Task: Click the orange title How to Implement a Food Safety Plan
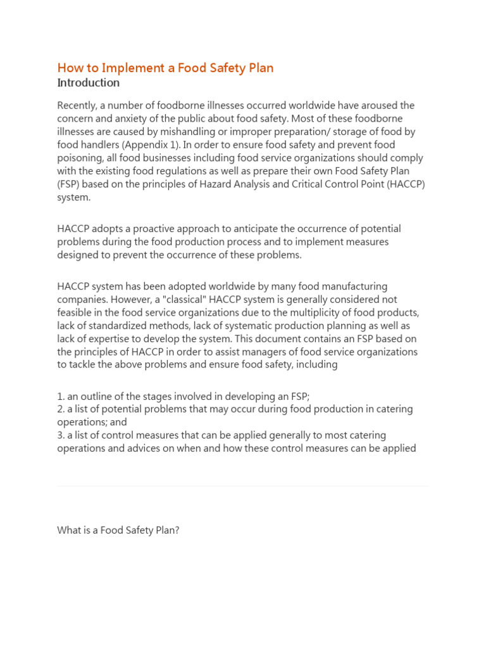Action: [x=165, y=68]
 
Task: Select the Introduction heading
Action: [x=88, y=83]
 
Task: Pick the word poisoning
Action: [x=79, y=158]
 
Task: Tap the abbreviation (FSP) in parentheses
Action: [x=68, y=184]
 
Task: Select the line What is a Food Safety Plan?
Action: [x=118, y=530]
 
